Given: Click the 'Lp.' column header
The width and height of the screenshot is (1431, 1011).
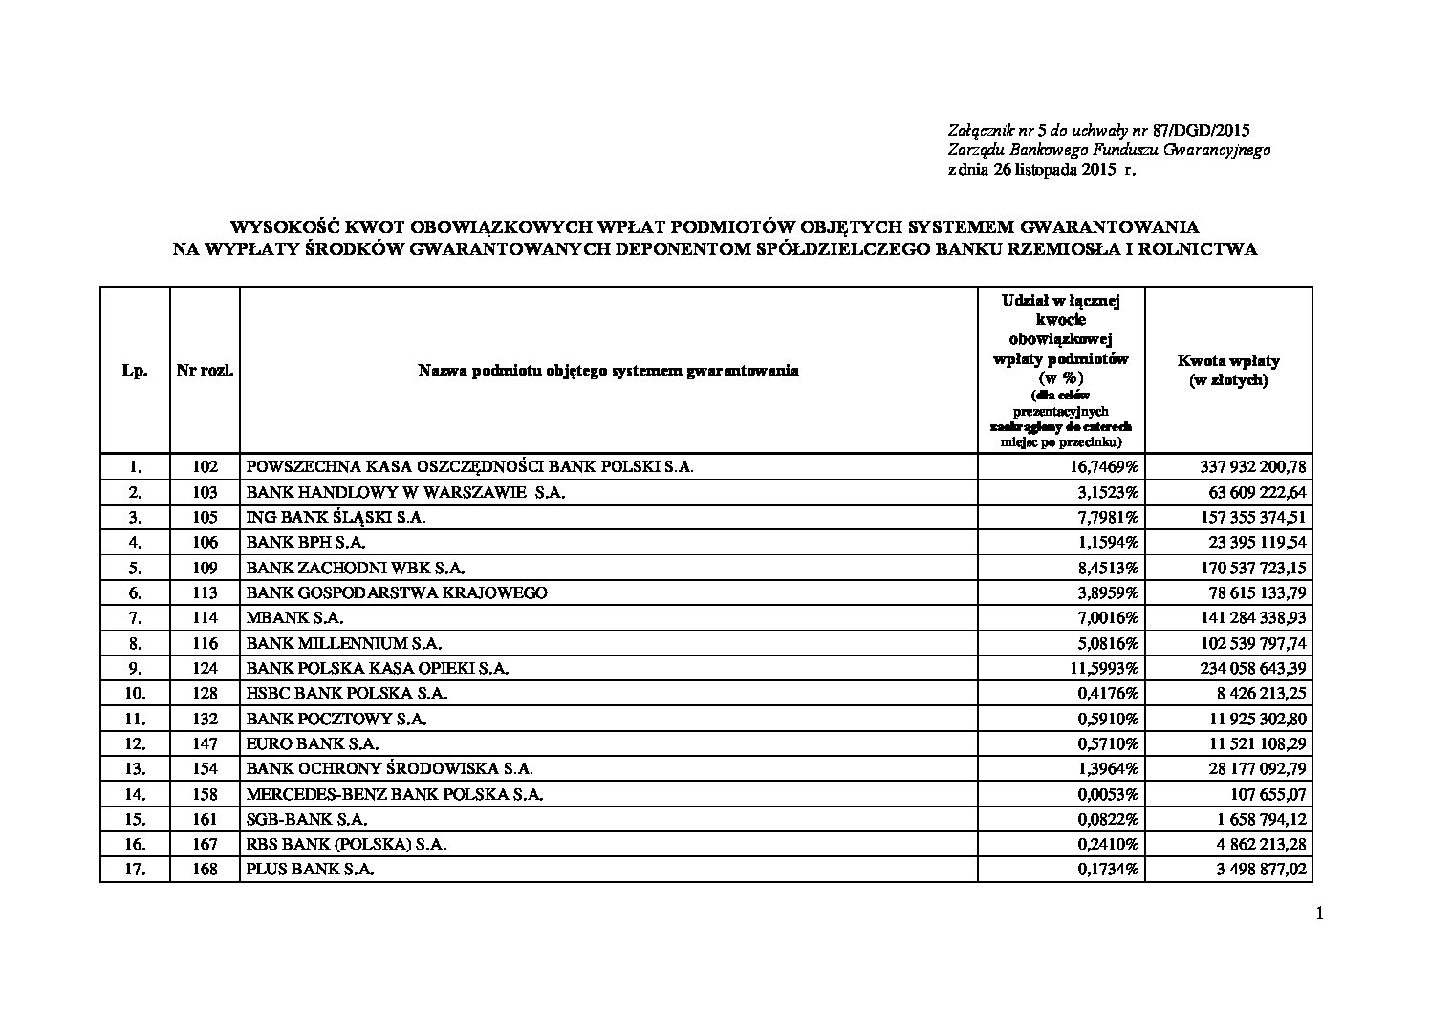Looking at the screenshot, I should pyautogui.click(x=135, y=371).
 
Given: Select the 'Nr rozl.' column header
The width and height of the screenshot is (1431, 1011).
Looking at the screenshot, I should pyautogui.click(x=205, y=371).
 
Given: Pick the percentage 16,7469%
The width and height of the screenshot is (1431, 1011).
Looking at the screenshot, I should pyautogui.click(x=1104, y=467).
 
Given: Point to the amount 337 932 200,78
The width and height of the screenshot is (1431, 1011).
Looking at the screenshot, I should pyautogui.click(x=1252, y=467).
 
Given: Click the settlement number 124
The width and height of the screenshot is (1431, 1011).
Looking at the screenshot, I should pyautogui.click(x=205, y=668).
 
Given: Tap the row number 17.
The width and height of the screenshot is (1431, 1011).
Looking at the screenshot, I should pyautogui.click(x=135, y=870).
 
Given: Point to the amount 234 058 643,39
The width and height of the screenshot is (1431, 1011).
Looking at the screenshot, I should pyautogui.click(x=1252, y=668).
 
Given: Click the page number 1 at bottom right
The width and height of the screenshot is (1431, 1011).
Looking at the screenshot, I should pyautogui.click(x=1320, y=914).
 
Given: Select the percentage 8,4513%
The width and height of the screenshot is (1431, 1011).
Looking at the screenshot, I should pyautogui.click(x=1108, y=568).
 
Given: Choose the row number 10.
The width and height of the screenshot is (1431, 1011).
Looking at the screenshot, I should pyautogui.click(x=135, y=693).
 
